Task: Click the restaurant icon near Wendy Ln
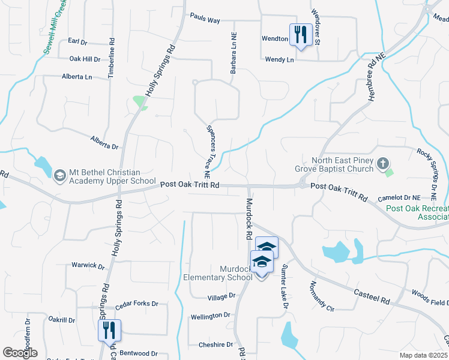299,35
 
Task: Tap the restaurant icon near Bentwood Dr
109,331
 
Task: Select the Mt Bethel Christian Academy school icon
59,175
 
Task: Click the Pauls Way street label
205,20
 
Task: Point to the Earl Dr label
77,41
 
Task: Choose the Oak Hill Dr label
85,59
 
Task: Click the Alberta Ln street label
77,77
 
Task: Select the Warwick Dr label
88,265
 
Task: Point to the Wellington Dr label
210,315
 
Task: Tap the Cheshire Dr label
215,345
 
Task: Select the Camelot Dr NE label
399,197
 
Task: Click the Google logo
20,353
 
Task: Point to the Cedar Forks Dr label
136,304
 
